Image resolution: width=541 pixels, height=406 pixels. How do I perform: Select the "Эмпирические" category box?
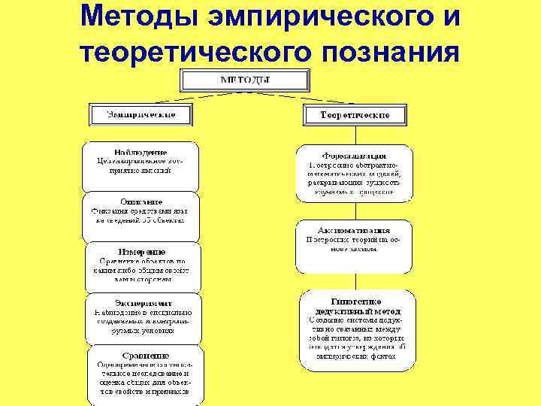[x=142, y=114]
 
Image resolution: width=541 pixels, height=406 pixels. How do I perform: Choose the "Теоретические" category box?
[x=355, y=115]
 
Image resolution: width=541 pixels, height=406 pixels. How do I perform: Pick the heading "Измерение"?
[x=141, y=251]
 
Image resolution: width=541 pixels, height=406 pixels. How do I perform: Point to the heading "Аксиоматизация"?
[x=354, y=230]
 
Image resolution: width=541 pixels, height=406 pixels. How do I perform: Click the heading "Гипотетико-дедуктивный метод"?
[x=355, y=305]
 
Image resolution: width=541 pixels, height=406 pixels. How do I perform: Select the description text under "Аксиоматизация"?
[x=354, y=245]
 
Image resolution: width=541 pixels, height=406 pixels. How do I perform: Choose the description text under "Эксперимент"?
[x=141, y=320]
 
